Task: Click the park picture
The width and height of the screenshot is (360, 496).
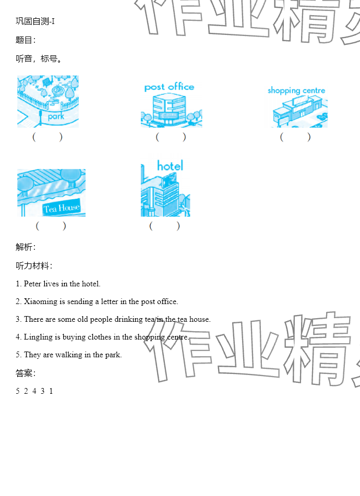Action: tap(48, 101)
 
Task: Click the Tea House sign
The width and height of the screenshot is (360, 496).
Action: tap(62, 208)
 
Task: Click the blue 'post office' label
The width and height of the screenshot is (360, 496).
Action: tap(169, 87)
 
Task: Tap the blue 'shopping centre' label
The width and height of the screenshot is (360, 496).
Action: tap(296, 90)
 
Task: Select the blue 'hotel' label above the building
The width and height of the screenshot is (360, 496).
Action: tap(170, 165)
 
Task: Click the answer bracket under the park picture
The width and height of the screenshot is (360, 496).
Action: tap(47, 137)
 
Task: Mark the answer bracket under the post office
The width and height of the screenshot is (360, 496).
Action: tap(171, 137)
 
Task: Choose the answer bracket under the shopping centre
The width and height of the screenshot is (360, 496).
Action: tap(295, 137)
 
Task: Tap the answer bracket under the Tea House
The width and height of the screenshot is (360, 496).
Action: tap(51, 226)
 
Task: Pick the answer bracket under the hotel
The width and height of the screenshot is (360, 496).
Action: tap(164, 226)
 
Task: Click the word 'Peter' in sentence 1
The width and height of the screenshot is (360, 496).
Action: tap(32, 284)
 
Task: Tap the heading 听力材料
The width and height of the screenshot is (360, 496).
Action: tap(32, 265)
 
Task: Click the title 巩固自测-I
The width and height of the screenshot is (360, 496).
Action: tap(35, 21)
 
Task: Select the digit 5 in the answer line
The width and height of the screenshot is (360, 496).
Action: tap(18, 391)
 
